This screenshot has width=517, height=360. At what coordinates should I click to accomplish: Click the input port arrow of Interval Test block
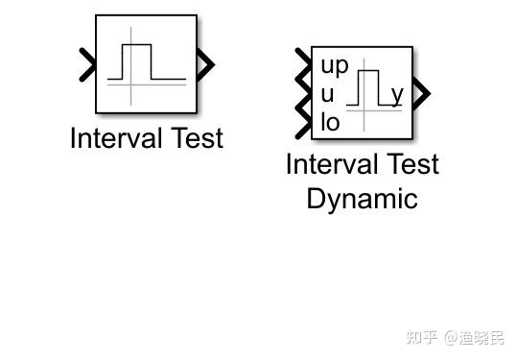click(x=86, y=65)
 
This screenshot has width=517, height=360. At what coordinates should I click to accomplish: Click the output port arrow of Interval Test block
click(x=204, y=65)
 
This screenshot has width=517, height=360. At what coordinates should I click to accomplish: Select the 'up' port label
click(x=335, y=66)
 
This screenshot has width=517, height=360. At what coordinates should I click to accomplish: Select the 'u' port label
click(x=328, y=94)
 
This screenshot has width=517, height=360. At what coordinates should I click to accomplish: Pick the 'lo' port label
click(x=331, y=122)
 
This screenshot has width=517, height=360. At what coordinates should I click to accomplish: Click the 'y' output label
click(x=396, y=94)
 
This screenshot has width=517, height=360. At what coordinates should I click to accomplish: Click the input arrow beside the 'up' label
click(x=305, y=64)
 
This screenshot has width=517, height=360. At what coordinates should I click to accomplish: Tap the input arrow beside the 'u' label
click(x=305, y=94)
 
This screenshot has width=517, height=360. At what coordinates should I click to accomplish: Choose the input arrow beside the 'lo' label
click(x=305, y=122)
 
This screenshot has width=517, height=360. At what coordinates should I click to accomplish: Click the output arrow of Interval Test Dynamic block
click(x=421, y=93)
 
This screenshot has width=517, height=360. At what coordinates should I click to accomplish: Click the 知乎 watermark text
click(x=421, y=337)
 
